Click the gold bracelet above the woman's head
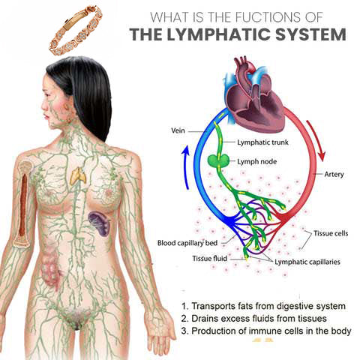(75, 30)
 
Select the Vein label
(178, 130)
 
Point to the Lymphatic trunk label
(262, 142)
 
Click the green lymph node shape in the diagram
(218, 161)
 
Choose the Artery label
(334, 174)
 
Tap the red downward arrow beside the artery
(316, 140)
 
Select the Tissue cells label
(331, 233)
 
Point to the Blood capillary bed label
(187, 243)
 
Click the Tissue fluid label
(209, 258)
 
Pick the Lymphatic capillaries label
(307, 262)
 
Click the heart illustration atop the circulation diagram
(255, 97)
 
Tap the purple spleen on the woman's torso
(100, 223)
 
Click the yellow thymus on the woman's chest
(78, 175)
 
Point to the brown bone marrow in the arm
(23, 205)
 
